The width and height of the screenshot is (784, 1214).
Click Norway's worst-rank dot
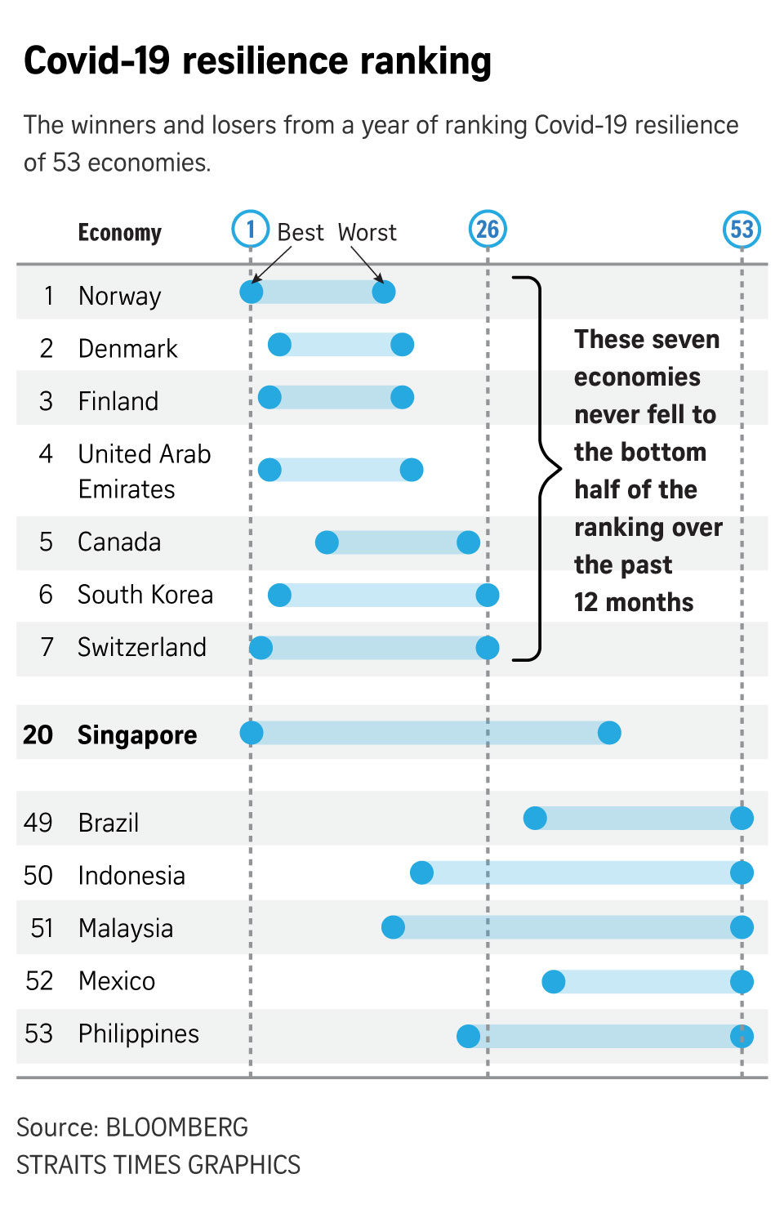click(x=383, y=292)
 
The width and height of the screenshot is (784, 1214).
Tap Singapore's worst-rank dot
click(x=609, y=733)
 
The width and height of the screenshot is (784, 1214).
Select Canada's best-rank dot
click(x=327, y=542)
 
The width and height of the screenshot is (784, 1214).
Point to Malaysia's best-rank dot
click(x=393, y=927)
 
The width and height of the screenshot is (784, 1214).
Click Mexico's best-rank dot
click(x=553, y=981)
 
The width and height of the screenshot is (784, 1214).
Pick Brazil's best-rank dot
click(x=535, y=818)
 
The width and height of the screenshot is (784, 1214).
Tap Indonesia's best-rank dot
click(x=421, y=873)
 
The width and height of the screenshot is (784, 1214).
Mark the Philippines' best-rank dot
click(x=468, y=1036)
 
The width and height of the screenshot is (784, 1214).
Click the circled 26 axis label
click(x=488, y=230)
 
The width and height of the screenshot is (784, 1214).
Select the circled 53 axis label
click(x=742, y=230)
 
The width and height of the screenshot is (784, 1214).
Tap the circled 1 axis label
click(x=251, y=230)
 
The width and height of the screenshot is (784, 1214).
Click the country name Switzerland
click(x=142, y=647)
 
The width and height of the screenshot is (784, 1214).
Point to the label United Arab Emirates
click(x=144, y=471)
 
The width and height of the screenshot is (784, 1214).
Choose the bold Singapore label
click(x=137, y=734)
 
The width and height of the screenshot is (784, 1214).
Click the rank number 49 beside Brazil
click(x=38, y=822)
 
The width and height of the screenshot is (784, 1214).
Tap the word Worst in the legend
click(x=367, y=233)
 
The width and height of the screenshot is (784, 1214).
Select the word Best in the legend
click(x=301, y=233)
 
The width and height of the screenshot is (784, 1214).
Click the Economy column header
click(x=120, y=233)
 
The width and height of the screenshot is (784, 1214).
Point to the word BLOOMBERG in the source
click(x=177, y=1127)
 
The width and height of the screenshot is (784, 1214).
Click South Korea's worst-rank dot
click(x=488, y=595)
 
